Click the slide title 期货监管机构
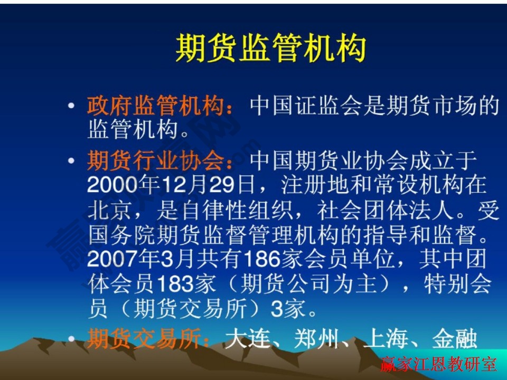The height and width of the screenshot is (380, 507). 270,49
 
